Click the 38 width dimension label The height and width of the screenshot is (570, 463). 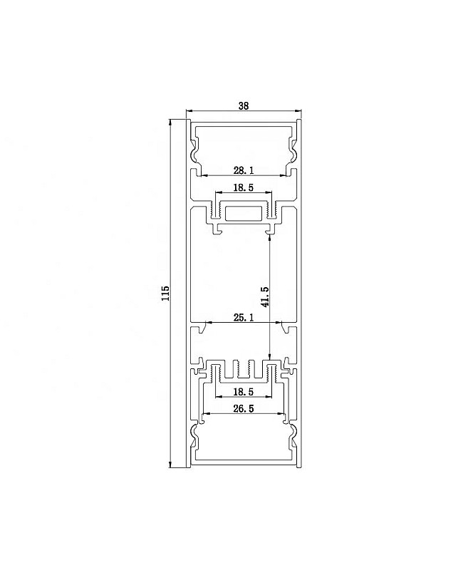(x=244, y=105)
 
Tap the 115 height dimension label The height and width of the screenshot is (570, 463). (x=165, y=294)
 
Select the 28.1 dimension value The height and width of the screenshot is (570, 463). (x=244, y=170)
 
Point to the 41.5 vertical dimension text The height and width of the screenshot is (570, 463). (x=265, y=296)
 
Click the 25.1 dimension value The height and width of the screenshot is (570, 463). (x=244, y=318)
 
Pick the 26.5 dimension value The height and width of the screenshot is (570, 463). (x=244, y=408)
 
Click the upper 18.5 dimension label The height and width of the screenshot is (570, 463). (x=243, y=187)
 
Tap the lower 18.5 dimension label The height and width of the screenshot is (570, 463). (x=243, y=392)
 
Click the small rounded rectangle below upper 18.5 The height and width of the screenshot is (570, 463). (x=244, y=214)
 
